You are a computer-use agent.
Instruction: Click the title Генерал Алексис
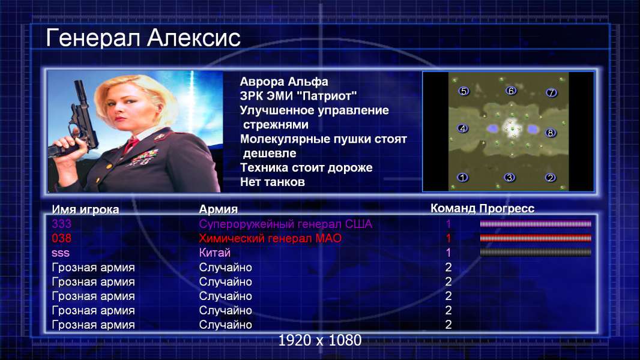[x=143, y=38]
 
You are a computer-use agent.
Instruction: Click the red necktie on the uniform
[x=131, y=145]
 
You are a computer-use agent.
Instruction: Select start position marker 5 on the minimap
[x=463, y=91]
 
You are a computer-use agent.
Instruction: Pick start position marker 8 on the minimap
[x=550, y=133]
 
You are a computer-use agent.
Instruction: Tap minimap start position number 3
[x=509, y=178]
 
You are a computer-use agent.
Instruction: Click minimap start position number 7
[x=551, y=92]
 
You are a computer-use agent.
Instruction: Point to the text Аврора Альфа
[x=283, y=82]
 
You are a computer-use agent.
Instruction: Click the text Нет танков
[x=272, y=182]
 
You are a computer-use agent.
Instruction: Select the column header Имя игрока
[x=85, y=209]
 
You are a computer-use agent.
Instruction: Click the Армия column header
[x=218, y=209]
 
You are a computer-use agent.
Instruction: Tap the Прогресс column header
[x=507, y=208]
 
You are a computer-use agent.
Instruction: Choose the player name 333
[x=61, y=224]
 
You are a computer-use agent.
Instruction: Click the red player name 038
[x=61, y=238]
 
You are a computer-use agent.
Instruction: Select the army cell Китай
[x=215, y=253]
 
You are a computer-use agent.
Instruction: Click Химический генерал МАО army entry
[x=270, y=238]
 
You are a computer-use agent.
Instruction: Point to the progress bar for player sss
[x=536, y=253]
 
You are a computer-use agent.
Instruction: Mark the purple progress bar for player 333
[x=536, y=223]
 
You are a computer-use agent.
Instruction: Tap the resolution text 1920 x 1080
[x=320, y=340]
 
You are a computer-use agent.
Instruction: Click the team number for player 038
[x=448, y=238]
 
